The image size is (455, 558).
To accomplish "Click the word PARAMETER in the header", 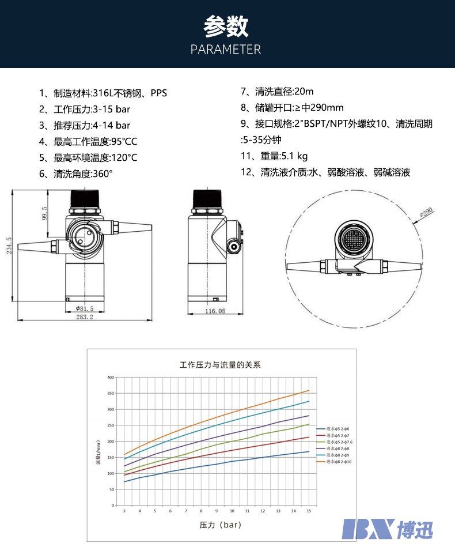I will click(226, 50).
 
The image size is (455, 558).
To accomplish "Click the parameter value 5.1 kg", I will click(294, 156).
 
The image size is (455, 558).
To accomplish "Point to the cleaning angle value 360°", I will click(100, 174).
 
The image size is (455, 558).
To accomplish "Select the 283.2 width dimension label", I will click(85, 316).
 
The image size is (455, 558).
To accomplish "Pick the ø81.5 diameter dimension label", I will click(85, 308).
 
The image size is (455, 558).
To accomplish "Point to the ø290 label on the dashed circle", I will click(427, 213).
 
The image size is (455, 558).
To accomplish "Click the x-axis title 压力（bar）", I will click(220, 525).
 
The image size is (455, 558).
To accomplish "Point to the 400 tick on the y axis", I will click(111, 378).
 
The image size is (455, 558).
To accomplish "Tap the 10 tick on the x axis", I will click(232, 511).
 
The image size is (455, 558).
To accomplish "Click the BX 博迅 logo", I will click(387, 529).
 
